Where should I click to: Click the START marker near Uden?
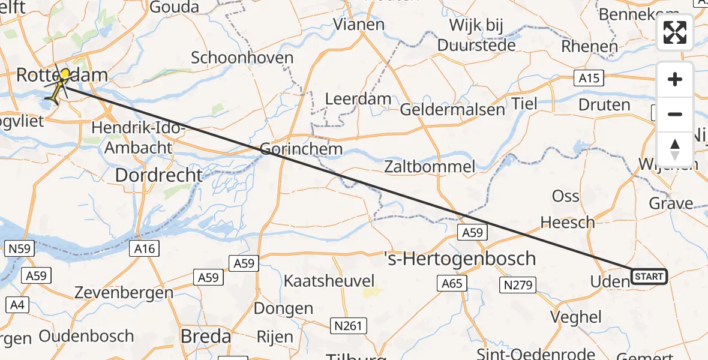click(649, 277)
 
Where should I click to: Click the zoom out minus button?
click(675, 114)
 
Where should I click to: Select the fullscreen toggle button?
click(675, 32)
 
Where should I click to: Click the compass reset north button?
click(675, 149)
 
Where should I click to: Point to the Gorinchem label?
click(302, 149)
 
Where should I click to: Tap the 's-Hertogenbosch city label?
click(460, 259)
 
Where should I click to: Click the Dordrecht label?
click(158, 175)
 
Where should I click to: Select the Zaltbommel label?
click(430, 166)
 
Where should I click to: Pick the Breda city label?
click(206, 337)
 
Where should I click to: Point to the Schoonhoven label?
click(242, 58)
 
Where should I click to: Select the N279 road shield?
click(518, 285)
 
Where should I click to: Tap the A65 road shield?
click(452, 283)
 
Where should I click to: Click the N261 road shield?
click(348, 325)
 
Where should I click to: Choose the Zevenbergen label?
click(124, 293)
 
